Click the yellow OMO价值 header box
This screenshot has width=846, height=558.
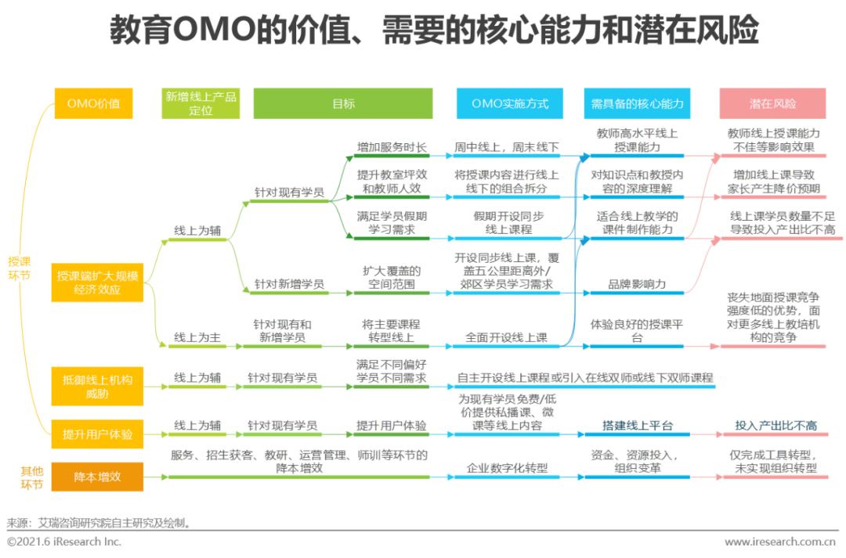pos(93,103)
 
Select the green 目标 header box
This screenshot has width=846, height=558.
pos(343,103)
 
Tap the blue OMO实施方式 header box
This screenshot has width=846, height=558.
pos(509,103)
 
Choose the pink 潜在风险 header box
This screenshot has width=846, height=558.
pos(772,103)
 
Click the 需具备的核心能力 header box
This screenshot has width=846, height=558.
pos(637,103)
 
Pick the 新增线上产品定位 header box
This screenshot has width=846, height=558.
pos(201,103)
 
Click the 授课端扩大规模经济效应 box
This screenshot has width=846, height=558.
pos(97,283)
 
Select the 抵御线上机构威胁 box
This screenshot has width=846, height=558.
pos(97,386)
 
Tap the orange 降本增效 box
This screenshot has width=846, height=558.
pos(97,477)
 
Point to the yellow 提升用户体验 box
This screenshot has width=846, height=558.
pos(97,434)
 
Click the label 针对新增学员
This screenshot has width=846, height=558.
pos(289,284)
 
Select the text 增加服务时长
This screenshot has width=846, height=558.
pos(392,146)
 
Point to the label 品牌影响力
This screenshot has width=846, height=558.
pos(637,284)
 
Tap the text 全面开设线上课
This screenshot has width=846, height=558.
pos(506,337)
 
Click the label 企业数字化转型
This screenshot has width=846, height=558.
pos(507,468)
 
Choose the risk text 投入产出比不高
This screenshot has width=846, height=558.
pos(775,426)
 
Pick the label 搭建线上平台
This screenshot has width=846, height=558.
pos(638,426)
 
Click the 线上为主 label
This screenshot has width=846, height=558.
pos(197,337)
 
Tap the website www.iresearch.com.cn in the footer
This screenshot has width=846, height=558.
pos(780,542)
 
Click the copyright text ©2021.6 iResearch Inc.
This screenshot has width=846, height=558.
pos(64,542)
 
